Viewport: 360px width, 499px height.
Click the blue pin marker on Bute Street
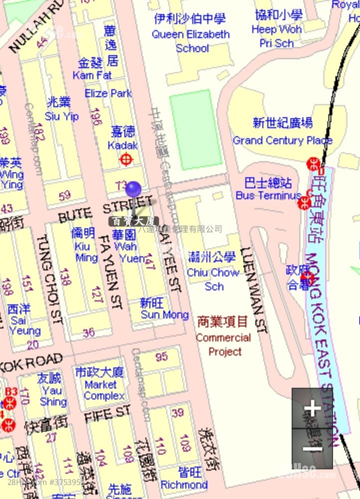coord(133,189)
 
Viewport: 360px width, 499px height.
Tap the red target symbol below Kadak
coord(127,160)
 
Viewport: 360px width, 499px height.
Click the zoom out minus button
coord(312,448)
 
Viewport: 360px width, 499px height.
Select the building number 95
coord(162,357)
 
